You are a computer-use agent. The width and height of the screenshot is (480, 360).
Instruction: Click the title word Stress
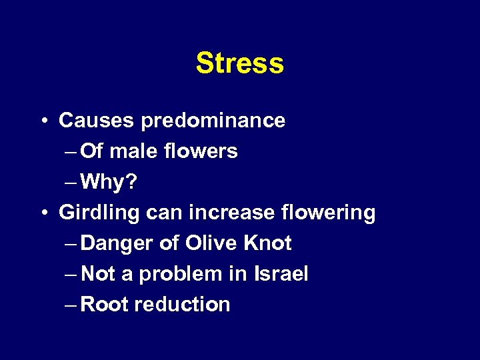point(240,63)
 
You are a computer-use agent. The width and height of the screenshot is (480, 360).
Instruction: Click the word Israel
point(281,274)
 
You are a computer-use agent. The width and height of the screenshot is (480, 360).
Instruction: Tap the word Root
point(105,305)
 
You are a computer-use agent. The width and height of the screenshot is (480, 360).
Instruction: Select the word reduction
point(182,305)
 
